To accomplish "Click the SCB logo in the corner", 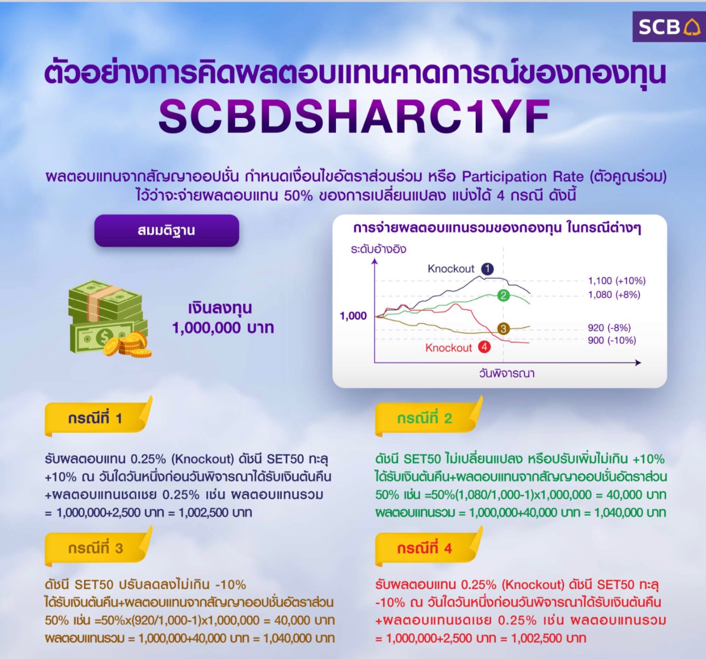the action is click(x=669, y=27).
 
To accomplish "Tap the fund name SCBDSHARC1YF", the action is click(x=354, y=116).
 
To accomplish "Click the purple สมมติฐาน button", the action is click(x=166, y=231).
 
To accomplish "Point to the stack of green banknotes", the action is click(x=107, y=316).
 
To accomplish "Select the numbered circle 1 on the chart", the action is click(x=487, y=268).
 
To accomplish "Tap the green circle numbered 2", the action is click(x=503, y=295).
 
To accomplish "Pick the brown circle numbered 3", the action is click(x=503, y=329).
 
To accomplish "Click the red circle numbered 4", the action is click(x=484, y=347).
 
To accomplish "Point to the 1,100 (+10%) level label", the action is click(x=617, y=281).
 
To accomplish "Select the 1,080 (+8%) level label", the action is click(x=614, y=295).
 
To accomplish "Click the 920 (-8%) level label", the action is click(x=610, y=328).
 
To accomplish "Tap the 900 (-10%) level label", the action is click(x=612, y=340).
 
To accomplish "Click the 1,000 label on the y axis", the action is click(x=353, y=316).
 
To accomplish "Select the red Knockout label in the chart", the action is click(x=449, y=348).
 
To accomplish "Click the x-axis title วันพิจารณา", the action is click(x=507, y=374).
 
